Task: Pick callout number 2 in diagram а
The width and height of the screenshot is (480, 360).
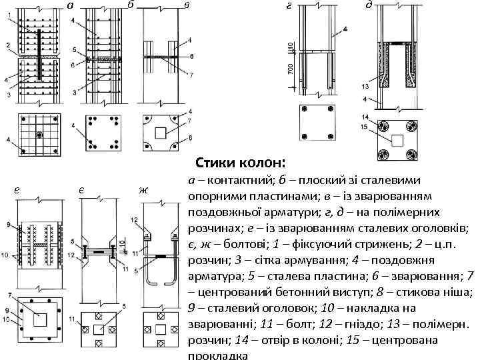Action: click(7, 45)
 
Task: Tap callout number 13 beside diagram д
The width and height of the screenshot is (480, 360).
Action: click(365, 87)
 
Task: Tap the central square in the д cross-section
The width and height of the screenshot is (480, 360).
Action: click(397, 140)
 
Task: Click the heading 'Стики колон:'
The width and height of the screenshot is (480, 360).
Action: click(240, 163)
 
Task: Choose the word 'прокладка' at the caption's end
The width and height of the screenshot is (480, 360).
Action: click(218, 355)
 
